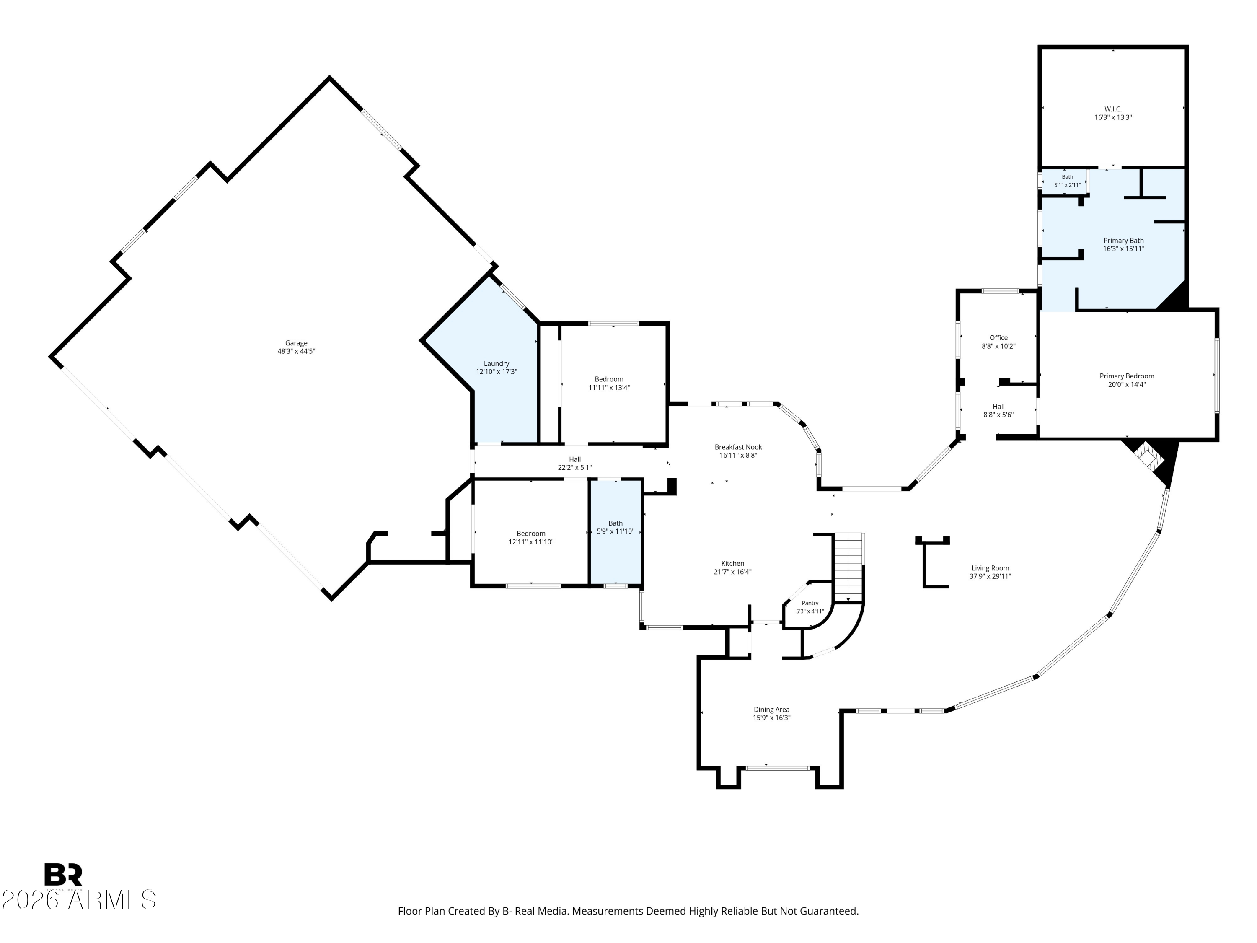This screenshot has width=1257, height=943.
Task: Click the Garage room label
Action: [x=296, y=343]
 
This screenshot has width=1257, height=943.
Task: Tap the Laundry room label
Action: [x=496, y=364]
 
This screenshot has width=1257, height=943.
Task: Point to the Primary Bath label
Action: [x=1123, y=241]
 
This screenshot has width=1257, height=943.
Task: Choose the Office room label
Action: [x=998, y=338]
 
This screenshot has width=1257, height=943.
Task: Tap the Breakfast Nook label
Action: [x=738, y=447]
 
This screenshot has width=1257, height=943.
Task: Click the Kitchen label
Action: [x=732, y=564]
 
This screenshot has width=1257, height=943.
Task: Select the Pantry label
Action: [x=810, y=603]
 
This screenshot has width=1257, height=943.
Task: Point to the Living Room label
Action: [x=990, y=568]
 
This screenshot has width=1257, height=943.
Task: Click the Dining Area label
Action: [x=771, y=710]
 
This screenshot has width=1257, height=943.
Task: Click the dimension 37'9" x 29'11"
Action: [x=990, y=576]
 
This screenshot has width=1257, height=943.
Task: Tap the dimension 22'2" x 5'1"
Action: [x=574, y=468]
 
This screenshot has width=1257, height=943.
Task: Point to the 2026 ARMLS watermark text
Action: [x=79, y=900]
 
